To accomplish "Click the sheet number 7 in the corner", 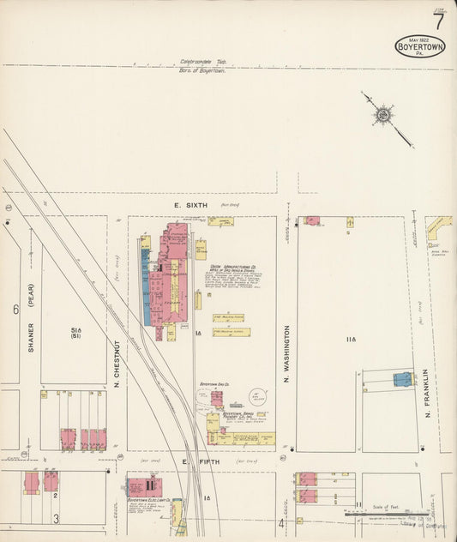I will (439, 20).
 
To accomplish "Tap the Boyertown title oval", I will (420, 45).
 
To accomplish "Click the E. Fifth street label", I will (184, 462).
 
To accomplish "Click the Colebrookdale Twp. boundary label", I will (203, 62).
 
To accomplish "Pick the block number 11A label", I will (349, 341).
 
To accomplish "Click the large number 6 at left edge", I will (15, 310).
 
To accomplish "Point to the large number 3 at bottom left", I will (57, 518).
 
